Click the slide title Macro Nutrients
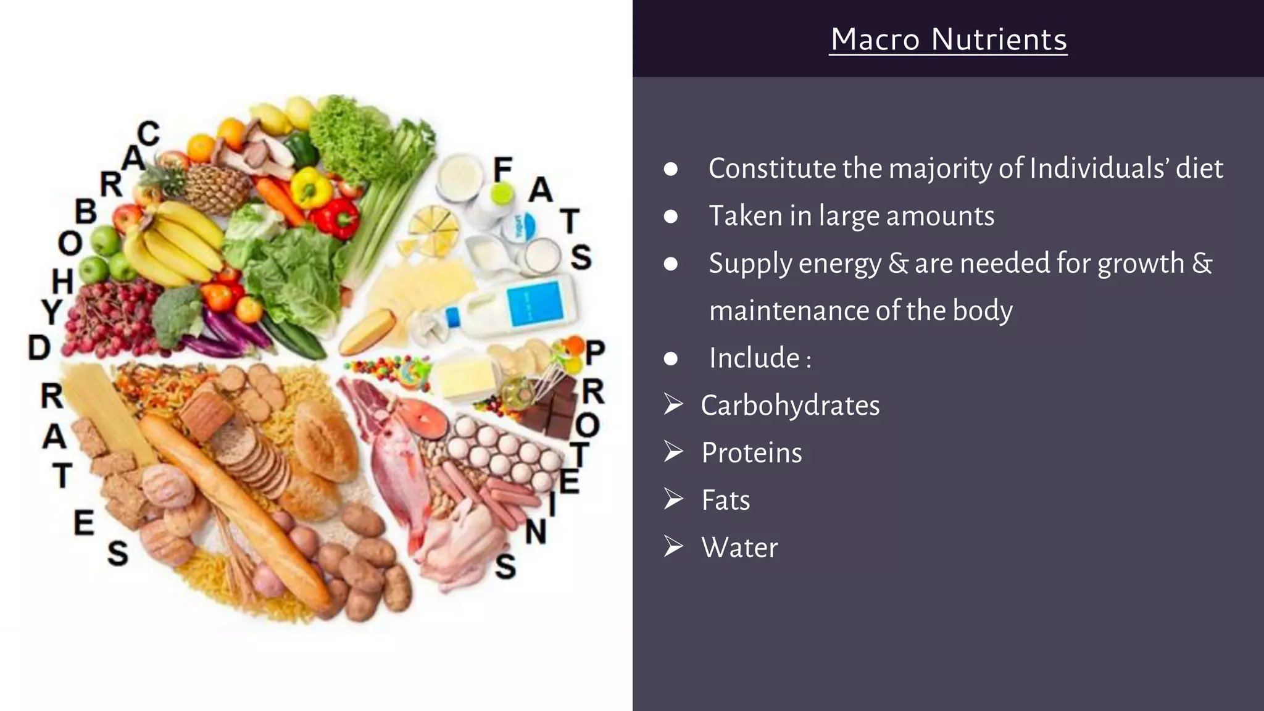click(x=949, y=39)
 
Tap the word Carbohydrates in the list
click(x=790, y=405)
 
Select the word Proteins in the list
click(x=752, y=453)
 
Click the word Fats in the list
click(x=726, y=500)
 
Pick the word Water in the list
click(x=739, y=547)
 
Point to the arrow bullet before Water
click(x=673, y=546)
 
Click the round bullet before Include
click(x=671, y=359)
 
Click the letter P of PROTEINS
click(x=595, y=353)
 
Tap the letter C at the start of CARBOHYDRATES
click(x=149, y=133)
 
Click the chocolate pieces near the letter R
click(x=552, y=407)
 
